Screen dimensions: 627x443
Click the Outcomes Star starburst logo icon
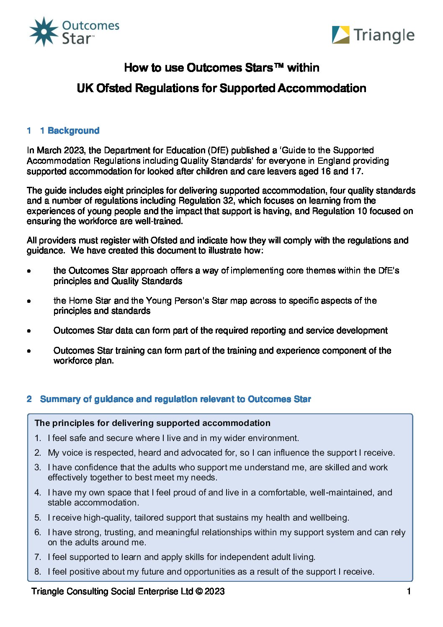[44, 32]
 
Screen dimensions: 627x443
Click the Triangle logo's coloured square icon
[340, 35]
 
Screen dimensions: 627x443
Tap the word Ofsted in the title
[115, 88]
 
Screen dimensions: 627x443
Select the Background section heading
[74, 131]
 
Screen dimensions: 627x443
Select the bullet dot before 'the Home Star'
[29, 301]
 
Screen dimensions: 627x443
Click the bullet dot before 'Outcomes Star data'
[29, 331]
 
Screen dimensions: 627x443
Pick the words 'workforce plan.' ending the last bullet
[83, 361]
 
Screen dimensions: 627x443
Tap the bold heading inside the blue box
[152, 423]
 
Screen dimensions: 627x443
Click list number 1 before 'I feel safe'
[38, 438]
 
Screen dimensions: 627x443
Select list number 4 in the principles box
[38, 493]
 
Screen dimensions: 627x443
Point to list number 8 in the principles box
[38, 572]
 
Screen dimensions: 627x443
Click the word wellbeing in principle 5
[329, 518]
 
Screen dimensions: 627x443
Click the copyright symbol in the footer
[199, 591]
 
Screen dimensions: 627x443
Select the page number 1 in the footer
[409, 591]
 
